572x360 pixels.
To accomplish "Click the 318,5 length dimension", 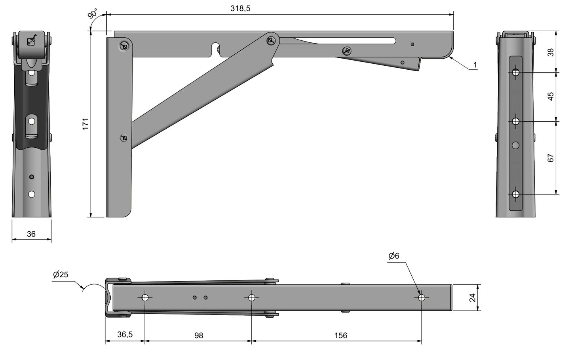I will coord(240,8).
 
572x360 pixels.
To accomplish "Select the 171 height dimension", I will coord(85,124).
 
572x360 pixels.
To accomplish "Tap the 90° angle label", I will coord(93,14).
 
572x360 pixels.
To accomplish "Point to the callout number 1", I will coord(475,65).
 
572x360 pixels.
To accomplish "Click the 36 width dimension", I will coord(31,234).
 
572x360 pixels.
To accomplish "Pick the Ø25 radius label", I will coord(61,274).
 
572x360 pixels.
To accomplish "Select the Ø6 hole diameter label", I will coord(393,256).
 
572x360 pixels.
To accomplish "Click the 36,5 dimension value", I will coord(125,335).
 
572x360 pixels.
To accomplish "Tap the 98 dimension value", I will coord(199,335).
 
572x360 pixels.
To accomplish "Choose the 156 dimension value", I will coord(340,335).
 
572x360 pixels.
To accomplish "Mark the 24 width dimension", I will coord(473,297).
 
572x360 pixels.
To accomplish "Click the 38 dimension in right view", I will coord(551,52).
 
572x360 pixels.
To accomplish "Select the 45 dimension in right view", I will coord(551,96).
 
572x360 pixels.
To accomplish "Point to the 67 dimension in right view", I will coord(551,158).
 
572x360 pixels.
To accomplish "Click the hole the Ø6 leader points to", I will coord(422,297).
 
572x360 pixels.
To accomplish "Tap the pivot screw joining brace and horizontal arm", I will coord(271,40).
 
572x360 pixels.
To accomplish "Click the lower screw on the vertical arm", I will coord(124,138).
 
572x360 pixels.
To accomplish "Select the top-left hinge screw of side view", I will coord(124,46).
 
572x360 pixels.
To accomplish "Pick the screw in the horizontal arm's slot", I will coord(347,50).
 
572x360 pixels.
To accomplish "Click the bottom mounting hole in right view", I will coord(515,194).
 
